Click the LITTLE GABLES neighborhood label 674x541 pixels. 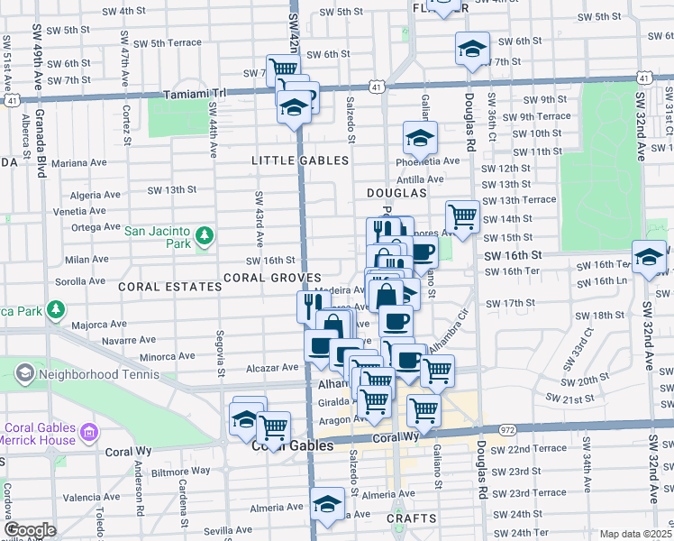[x=299, y=160]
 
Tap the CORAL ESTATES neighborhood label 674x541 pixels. [x=169, y=286]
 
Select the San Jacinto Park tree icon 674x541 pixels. [x=205, y=236]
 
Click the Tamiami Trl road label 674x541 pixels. [x=197, y=94]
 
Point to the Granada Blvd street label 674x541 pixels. [x=41, y=144]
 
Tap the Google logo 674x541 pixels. [x=30, y=530]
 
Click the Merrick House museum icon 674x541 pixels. [x=89, y=435]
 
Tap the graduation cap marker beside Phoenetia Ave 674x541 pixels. [x=420, y=139]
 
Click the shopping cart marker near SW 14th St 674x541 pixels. [x=462, y=216]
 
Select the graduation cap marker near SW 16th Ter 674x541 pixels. [x=649, y=258]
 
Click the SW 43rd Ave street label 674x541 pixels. [x=259, y=220]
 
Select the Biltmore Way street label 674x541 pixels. [x=181, y=471]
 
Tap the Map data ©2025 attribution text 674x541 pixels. [x=636, y=534]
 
